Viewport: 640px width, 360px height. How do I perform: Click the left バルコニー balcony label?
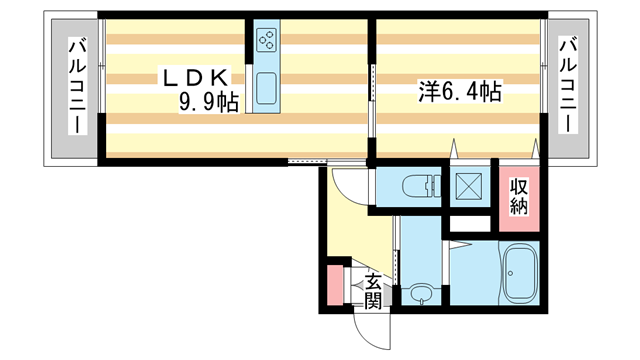tap(75, 87)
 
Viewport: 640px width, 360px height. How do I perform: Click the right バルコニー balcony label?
tap(566, 87)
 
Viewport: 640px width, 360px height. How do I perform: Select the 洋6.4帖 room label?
tap(459, 91)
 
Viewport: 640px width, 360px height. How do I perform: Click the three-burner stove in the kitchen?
tap(267, 41)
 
